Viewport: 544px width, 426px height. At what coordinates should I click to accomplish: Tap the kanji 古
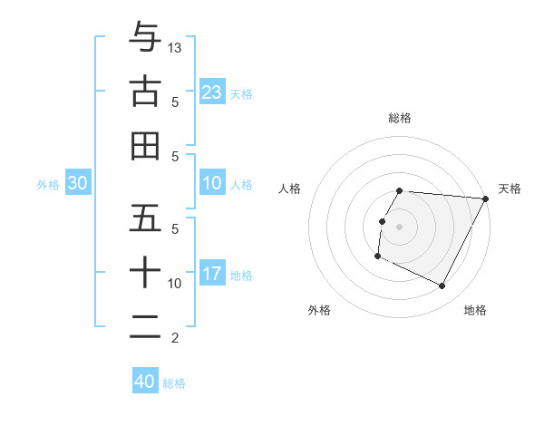(x=145, y=92)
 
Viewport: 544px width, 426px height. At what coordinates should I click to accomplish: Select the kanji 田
(x=145, y=146)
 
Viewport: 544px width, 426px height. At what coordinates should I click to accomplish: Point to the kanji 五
(x=145, y=218)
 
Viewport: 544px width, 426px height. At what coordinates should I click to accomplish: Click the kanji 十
(x=145, y=273)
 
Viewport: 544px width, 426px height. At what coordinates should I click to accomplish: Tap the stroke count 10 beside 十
(x=176, y=284)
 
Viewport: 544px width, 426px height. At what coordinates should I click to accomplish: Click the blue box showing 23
(x=212, y=92)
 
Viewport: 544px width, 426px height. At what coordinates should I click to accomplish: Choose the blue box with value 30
(x=78, y=183)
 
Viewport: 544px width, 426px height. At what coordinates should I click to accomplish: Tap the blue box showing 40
(x=145, y=382)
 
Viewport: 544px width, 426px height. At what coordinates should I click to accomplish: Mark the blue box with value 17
(x=212, y=274)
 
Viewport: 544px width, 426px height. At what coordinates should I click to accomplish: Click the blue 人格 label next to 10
(x=241, y=184)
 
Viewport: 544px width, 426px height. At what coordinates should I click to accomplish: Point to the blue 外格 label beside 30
(x=48, y=184)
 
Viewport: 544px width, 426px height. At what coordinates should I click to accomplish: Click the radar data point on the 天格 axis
(x=486, y=198)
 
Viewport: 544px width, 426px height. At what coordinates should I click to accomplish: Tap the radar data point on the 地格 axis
(x=442, y=286)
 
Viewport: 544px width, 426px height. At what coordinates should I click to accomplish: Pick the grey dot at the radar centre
(x=400, y=227)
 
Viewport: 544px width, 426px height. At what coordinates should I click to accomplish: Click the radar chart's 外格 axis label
(x=319, y=311)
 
